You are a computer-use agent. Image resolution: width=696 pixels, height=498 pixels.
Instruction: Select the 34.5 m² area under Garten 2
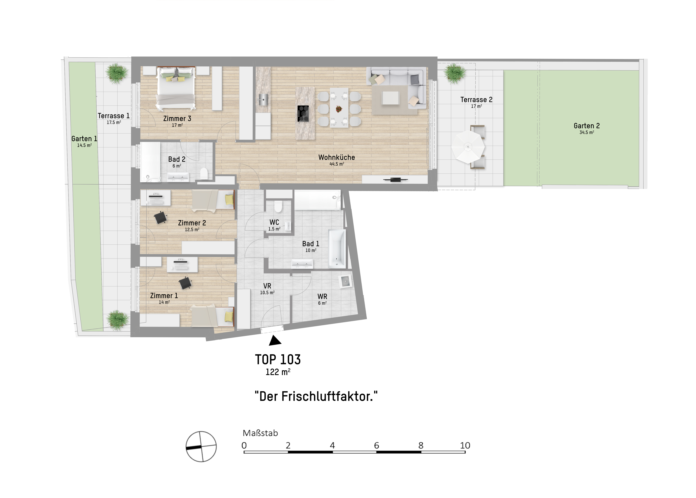[x=586, y=132]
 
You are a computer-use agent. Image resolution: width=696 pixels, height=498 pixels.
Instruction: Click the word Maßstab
[x=260, y=433]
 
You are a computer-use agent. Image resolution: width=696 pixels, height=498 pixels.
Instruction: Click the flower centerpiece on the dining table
[x=339, y=109]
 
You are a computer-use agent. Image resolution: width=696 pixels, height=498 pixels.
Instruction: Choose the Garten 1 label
[x=84, y=139]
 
